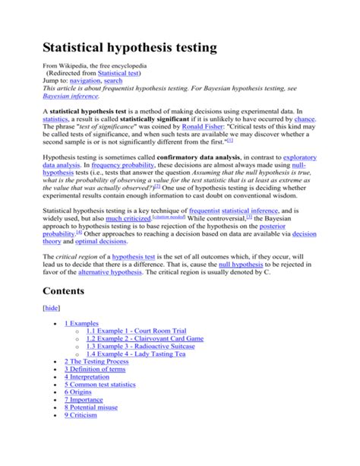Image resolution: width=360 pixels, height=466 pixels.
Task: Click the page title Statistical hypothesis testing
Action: [129, 48]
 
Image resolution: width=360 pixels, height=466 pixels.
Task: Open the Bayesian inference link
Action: [71, 97]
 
